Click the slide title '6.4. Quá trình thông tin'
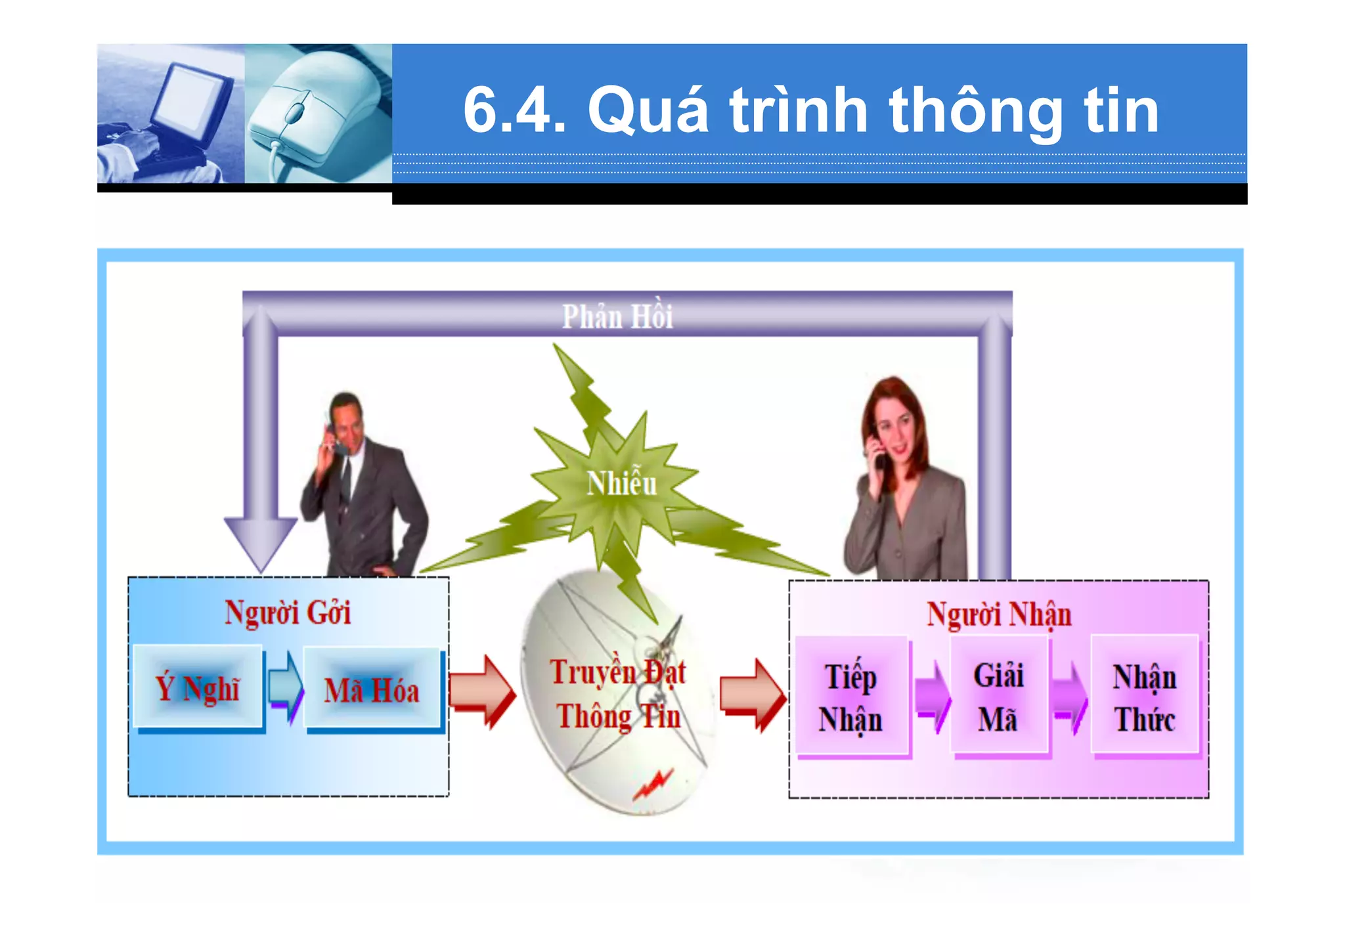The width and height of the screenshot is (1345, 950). [810, 110]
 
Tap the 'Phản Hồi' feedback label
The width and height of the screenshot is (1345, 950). [617, 316]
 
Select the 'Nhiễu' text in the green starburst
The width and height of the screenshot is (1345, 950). [621, 484]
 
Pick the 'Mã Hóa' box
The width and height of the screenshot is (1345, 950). [372, 690]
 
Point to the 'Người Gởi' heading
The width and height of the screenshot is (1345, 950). [288, 613]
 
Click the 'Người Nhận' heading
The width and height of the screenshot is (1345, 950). [998, 615]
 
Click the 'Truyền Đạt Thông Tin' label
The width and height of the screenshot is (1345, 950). [618, 694]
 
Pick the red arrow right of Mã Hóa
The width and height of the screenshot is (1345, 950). [482, 691]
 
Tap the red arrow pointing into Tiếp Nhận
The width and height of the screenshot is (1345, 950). [753, 695]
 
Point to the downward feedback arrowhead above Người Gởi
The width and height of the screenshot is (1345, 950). [261, 542]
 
